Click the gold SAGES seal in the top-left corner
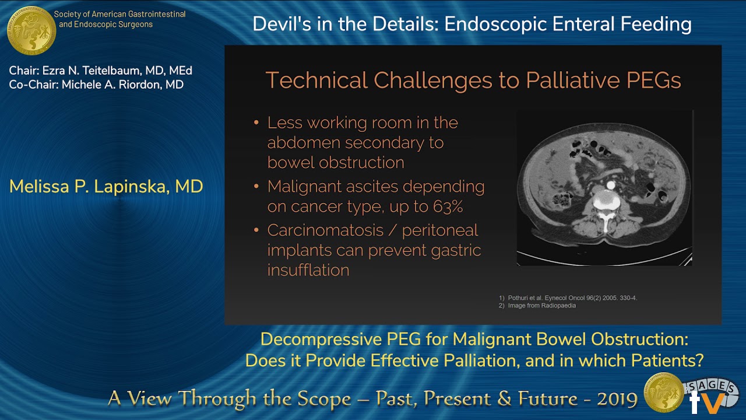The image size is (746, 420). click(x=31, y=30)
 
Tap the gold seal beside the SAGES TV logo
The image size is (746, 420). click(x=663, y=393)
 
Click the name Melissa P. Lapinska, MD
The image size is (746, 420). click(x=106, y=187)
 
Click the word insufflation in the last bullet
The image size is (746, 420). click(x=308, y=270)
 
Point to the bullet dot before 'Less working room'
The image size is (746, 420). click(x=257, y=123)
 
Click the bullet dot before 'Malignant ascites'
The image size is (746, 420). click(x=257, y=187)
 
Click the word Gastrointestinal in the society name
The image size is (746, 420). click(x=159, y=14)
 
